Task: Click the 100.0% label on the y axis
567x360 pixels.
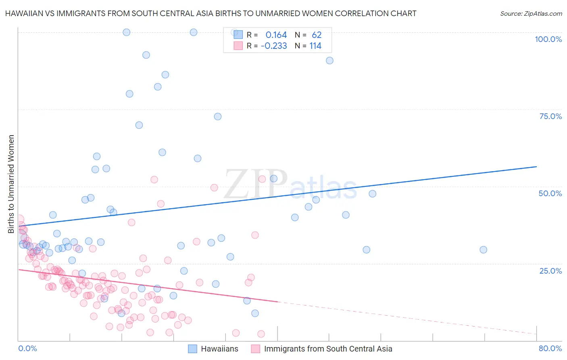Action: tap(548, 39)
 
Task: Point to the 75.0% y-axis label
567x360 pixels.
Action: tap(550, 116)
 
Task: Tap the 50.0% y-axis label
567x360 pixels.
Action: tap(550, 193)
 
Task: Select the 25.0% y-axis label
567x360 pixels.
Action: tap(550, 270)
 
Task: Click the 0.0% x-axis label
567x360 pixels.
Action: tap(27, 348)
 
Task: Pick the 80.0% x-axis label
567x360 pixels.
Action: tap(550, 348)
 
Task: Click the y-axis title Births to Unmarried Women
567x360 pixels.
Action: tap(11, 184)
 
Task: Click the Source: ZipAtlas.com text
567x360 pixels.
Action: tap(531, 13)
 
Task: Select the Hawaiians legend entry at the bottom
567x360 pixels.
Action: tap(219, 349)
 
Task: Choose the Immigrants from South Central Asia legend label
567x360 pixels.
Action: tap(328, 349)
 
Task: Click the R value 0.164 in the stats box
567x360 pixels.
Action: tap(276, 35)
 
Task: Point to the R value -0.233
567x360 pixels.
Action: tap(274, 46)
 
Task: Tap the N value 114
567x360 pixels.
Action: tap(315, 46)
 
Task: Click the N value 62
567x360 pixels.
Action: tap(317, 35)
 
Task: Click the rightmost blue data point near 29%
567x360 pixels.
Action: tap(483, 250)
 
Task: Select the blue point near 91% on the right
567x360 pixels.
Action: tap(329, 61)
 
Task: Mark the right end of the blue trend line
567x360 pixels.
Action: tap(536, 167)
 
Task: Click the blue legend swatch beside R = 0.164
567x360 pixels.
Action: tap(238, 35)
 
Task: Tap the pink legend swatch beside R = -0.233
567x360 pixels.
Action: tap(238, 46)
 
